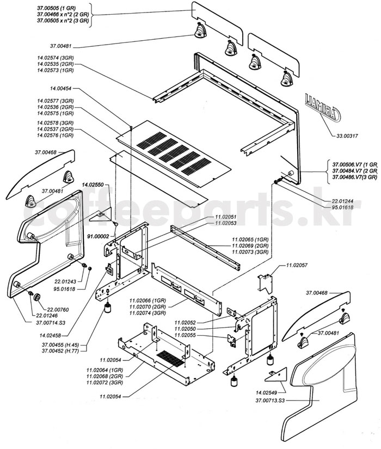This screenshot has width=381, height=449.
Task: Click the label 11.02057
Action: tap(297, 265)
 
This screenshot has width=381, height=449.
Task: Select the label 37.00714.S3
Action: tap(51, 323)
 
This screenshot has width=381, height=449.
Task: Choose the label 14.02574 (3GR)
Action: tap(56, 57)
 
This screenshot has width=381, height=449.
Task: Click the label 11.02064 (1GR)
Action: tap(103, 370)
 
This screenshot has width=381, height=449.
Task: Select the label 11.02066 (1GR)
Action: tap(148, 300)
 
